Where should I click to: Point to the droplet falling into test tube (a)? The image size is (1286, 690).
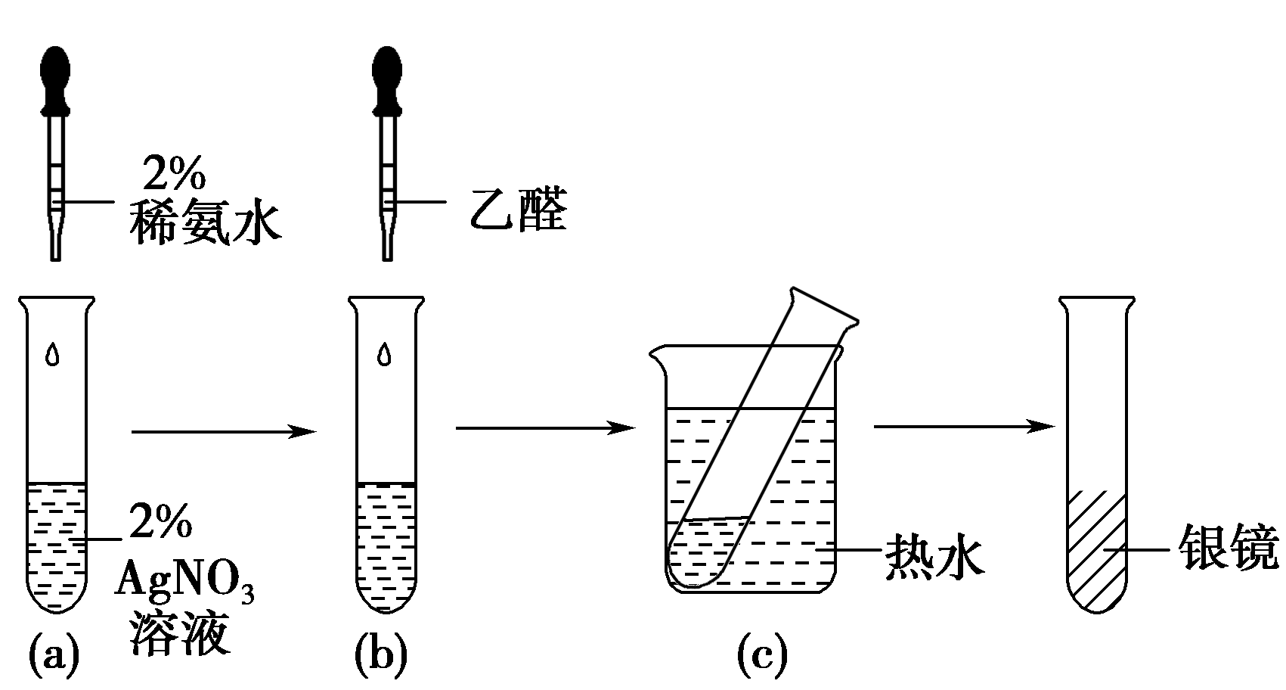[x=52, y=353]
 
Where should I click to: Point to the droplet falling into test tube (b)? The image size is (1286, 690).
[x=385, y=353]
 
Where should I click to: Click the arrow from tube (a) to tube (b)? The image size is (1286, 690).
[x=223, y=431]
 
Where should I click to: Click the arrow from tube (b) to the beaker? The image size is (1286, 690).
[x=544, y=428]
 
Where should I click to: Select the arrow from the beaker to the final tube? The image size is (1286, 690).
[x=964, y=427]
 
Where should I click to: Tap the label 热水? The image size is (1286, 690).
[x=934, y=558]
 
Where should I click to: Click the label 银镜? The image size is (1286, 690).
[x=1229, y=551]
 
